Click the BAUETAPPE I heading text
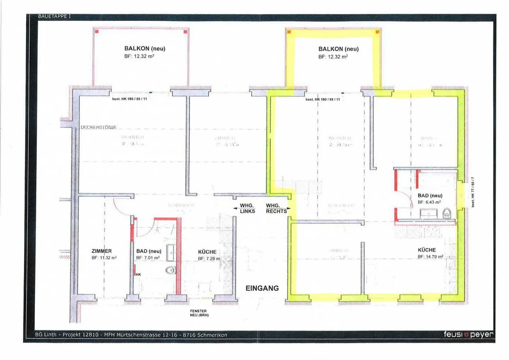click(54, 16)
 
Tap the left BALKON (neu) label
click(145, 48)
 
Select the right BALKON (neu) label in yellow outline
click(338, 49)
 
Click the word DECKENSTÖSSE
click(99, 127)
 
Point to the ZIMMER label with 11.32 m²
click(102, 251)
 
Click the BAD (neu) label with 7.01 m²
click(148, 251)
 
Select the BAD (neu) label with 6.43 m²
click(430, 195)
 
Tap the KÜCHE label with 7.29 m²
click(207, 252)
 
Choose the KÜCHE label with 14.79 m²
click(427, 250)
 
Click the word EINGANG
click(262, 288)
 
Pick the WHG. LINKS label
click(247, 208)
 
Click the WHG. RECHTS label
click(276, 208)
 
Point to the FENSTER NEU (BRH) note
click(199, 313)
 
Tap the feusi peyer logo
click(468, 334)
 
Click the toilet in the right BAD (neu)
click(447, 213)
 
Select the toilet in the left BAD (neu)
click(171, 270)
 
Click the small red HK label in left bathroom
click(138, 275)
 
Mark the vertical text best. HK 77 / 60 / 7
click(473, 192)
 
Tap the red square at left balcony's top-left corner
click(96, 31)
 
